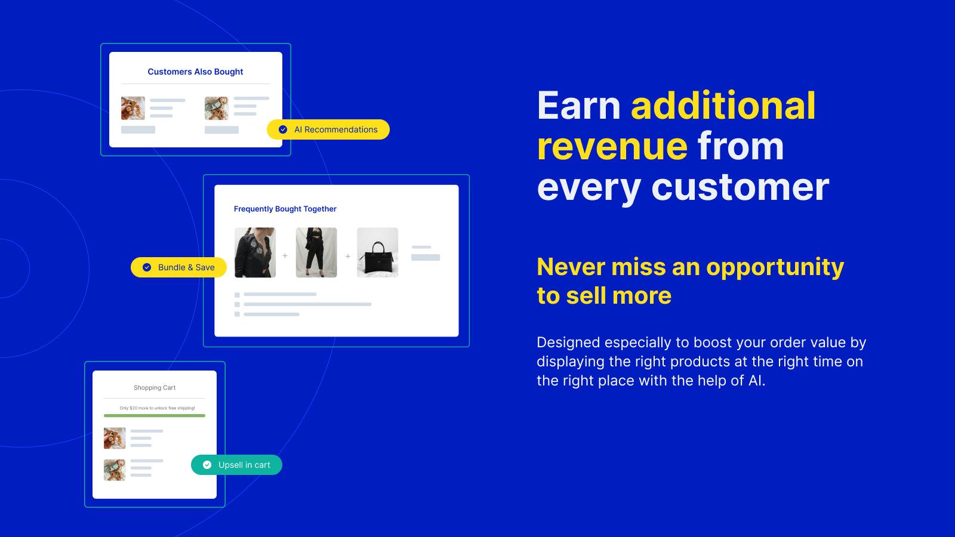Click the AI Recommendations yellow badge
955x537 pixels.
point(328,129)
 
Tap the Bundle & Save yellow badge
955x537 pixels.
point(178,267)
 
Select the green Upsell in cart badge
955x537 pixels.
point(236,465)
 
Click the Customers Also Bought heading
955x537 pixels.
point(195,72)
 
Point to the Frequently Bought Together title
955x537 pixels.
point(285,209)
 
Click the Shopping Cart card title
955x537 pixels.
point(155,388)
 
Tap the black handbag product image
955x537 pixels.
point(377,252)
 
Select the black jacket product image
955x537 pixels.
point(255,252)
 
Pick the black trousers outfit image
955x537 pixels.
point(316,252)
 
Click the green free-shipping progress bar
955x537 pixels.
point(155,415)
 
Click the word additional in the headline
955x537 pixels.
point(723,106)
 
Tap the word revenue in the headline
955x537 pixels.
point(612,147)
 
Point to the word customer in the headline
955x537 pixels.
point(740,187)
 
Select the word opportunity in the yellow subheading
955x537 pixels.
point(775,267)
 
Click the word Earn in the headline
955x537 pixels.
point(578,106)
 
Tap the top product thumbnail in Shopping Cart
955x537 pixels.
point(115,438)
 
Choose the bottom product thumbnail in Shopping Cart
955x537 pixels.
point(115,470)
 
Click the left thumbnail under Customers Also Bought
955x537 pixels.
point(133,109)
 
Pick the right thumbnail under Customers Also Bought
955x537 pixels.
point(216,109)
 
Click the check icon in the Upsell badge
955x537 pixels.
point(207,465)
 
